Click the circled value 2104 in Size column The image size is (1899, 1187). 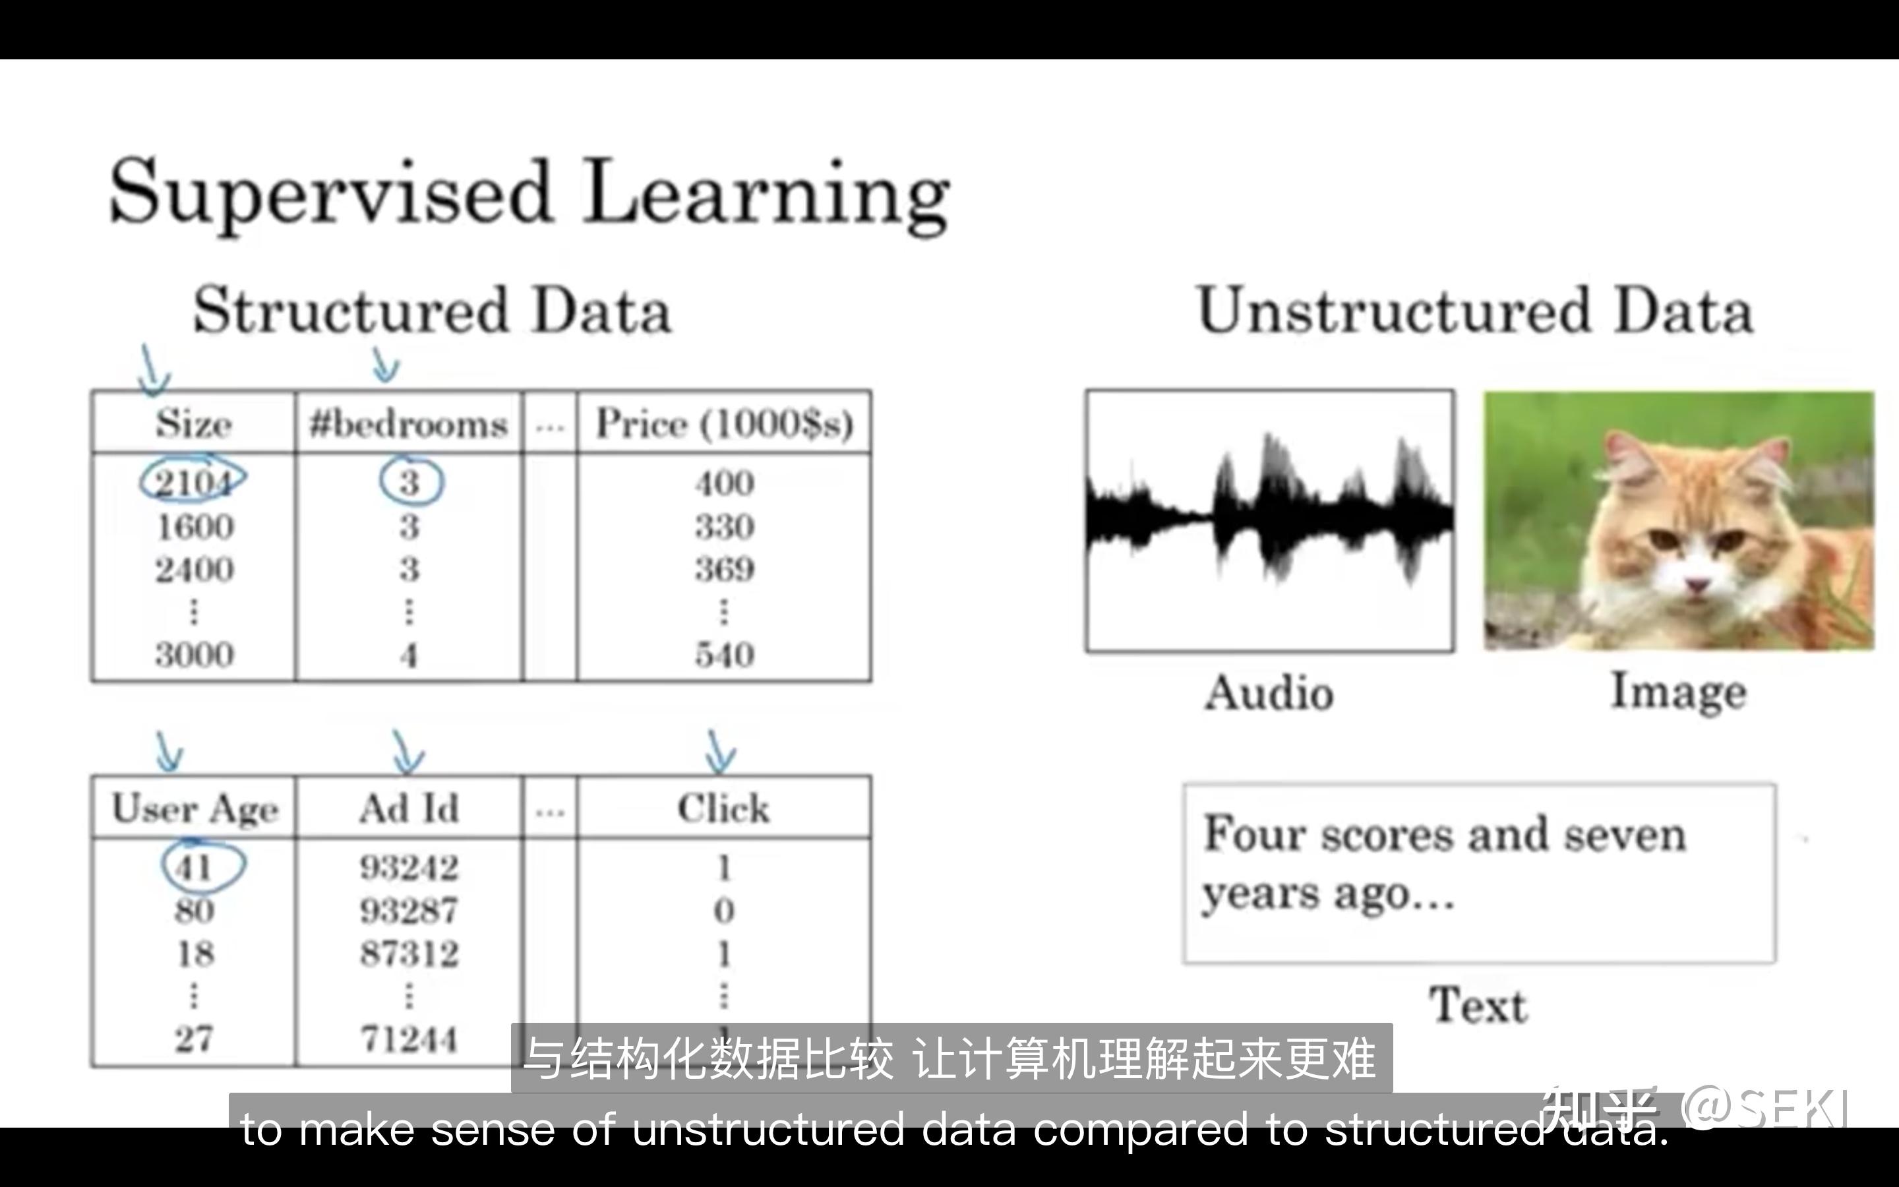[x=193, y=481]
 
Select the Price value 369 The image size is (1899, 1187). [x=724, y=569]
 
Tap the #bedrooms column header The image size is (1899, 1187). [x=408, y=424]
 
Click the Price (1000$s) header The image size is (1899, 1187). [x=724, y=424]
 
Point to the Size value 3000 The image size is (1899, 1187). [x=194, y=655]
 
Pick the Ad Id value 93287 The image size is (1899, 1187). [x=409, y=911]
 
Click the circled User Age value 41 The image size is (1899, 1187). [x=195, y=867]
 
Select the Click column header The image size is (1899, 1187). [x=723, y=808]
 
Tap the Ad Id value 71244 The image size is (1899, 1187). [x=409, y=1039]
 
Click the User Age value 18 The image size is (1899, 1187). [x=195, y=954]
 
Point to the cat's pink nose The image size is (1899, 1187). [x=1697, y=584]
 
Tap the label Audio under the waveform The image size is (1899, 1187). [x=1269, y=692]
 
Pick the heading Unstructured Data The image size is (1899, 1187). [x=1474, y=311]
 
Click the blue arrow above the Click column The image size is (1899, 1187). [x=719, y=752]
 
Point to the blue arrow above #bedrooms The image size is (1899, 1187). [x=384, y=366]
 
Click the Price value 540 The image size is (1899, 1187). [x=724, y=655]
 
